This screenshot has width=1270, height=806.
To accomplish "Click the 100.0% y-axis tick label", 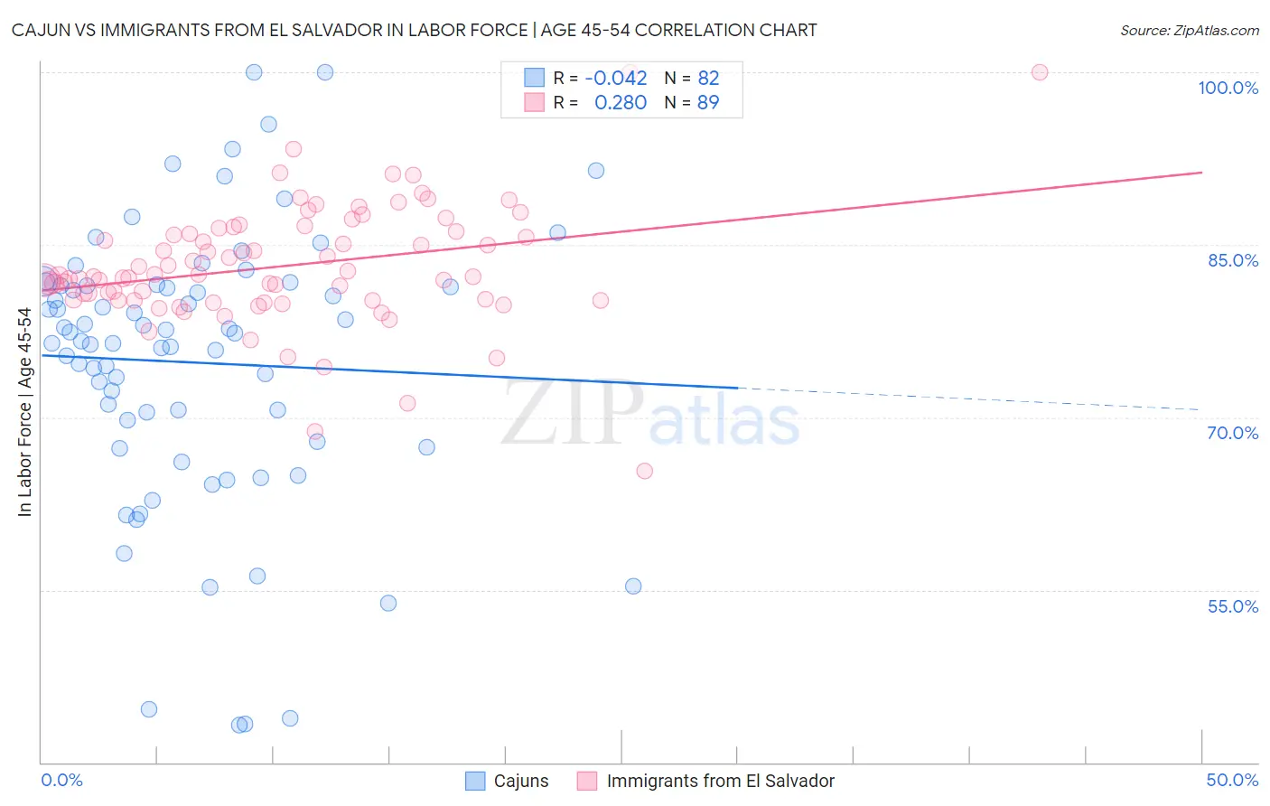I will click(1228, 88).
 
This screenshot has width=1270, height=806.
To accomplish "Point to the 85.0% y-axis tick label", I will click(1232, 260).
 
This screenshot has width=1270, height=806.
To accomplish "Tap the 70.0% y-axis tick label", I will click(1232, 433).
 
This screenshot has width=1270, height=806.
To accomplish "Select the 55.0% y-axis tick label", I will click(1232, 606).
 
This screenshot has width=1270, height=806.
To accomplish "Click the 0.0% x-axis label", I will click(61, 780).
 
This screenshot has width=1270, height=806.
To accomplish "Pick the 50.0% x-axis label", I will click(1232, 780).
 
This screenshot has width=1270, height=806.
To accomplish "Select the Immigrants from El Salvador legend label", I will click(720, 781).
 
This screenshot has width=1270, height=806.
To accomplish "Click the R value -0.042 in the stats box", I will click(616, 78).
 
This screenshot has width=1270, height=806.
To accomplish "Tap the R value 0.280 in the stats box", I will click(621, 103).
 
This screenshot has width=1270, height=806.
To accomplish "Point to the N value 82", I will click(708, 78).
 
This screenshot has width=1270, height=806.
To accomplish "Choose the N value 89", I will click(708, 103).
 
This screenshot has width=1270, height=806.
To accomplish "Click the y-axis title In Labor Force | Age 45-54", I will click(24, 412).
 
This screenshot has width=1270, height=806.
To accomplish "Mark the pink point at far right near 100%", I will click(1040, 72).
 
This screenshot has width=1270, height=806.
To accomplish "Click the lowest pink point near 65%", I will click(644, 471).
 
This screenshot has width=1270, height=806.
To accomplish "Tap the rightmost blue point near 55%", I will click(633, 586).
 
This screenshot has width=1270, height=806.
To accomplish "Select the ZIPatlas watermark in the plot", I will click(650, 415).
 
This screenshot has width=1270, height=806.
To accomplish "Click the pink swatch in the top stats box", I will click(535, 103).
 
